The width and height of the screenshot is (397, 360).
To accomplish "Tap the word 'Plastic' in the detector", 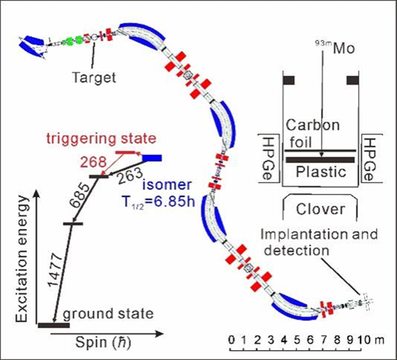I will [x=320, y=173].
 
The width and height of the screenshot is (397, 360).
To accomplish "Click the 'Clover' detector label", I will [x=320, y=210].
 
